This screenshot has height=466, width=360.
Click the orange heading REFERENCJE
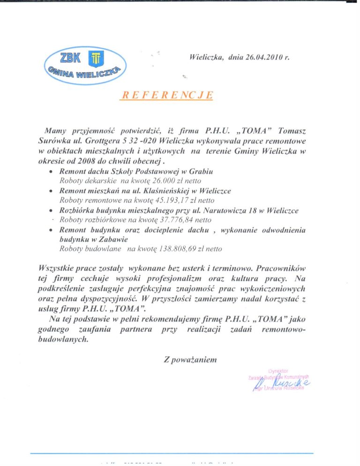tap(167, 95)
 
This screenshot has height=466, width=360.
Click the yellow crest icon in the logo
tap(95, 58)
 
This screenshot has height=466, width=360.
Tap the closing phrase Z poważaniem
tap(190, 360)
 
